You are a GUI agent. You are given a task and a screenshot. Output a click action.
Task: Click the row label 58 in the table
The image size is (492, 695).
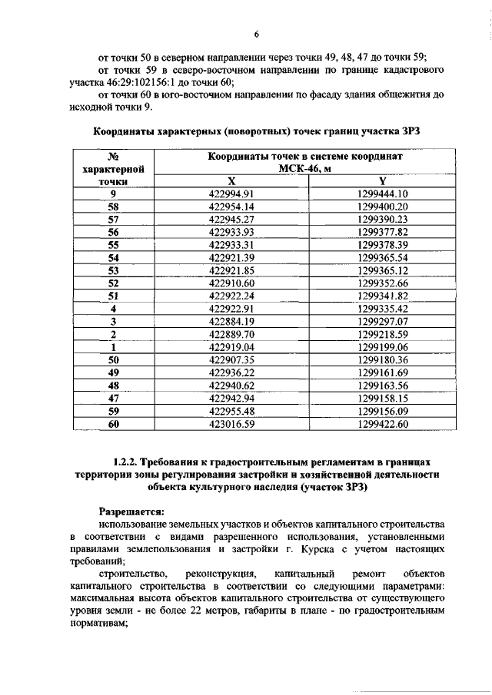(113, 207)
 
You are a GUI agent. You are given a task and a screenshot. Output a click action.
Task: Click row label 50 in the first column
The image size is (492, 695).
(113, 359)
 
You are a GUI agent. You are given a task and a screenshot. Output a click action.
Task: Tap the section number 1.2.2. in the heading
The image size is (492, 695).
(125, 462)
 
